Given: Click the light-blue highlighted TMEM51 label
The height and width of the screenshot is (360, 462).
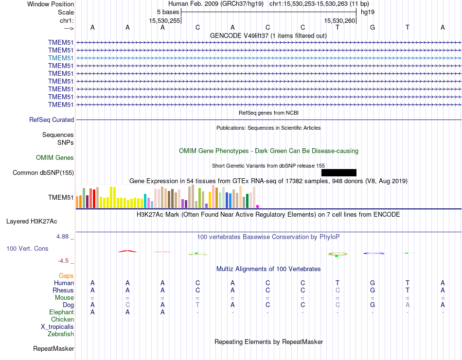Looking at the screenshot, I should (x=61, y=58).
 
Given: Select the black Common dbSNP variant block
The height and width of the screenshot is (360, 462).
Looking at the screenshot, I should (x=339, y=172).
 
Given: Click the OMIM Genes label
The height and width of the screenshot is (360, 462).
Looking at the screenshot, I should (x=55, y=157).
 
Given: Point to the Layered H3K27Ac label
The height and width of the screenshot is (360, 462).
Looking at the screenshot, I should (x=32, y=222).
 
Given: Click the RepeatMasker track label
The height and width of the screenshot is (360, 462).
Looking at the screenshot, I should (x=53, y=348).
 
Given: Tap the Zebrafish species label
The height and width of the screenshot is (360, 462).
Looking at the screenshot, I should (x=61, y=334).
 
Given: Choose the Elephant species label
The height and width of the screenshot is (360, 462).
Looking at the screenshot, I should (x=61, y=312).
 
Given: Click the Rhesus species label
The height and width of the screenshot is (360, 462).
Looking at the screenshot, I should (x=63, y=290).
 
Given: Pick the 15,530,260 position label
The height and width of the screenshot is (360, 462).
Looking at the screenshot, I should (x=340, y=21).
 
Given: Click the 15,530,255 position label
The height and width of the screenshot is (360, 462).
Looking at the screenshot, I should (x=165, y=21).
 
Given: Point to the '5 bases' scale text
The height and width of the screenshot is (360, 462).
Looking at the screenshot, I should (x=168, y=11).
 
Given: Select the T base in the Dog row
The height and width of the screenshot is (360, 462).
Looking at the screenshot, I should (x=197, y=305).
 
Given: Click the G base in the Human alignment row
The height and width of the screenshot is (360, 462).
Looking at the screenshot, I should (x=373, y=283).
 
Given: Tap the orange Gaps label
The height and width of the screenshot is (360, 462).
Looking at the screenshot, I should (x=66, y=275).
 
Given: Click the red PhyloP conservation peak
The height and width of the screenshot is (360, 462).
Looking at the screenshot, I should (x=127, y=251).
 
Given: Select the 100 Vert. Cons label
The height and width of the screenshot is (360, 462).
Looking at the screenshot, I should (x=27, y=248).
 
